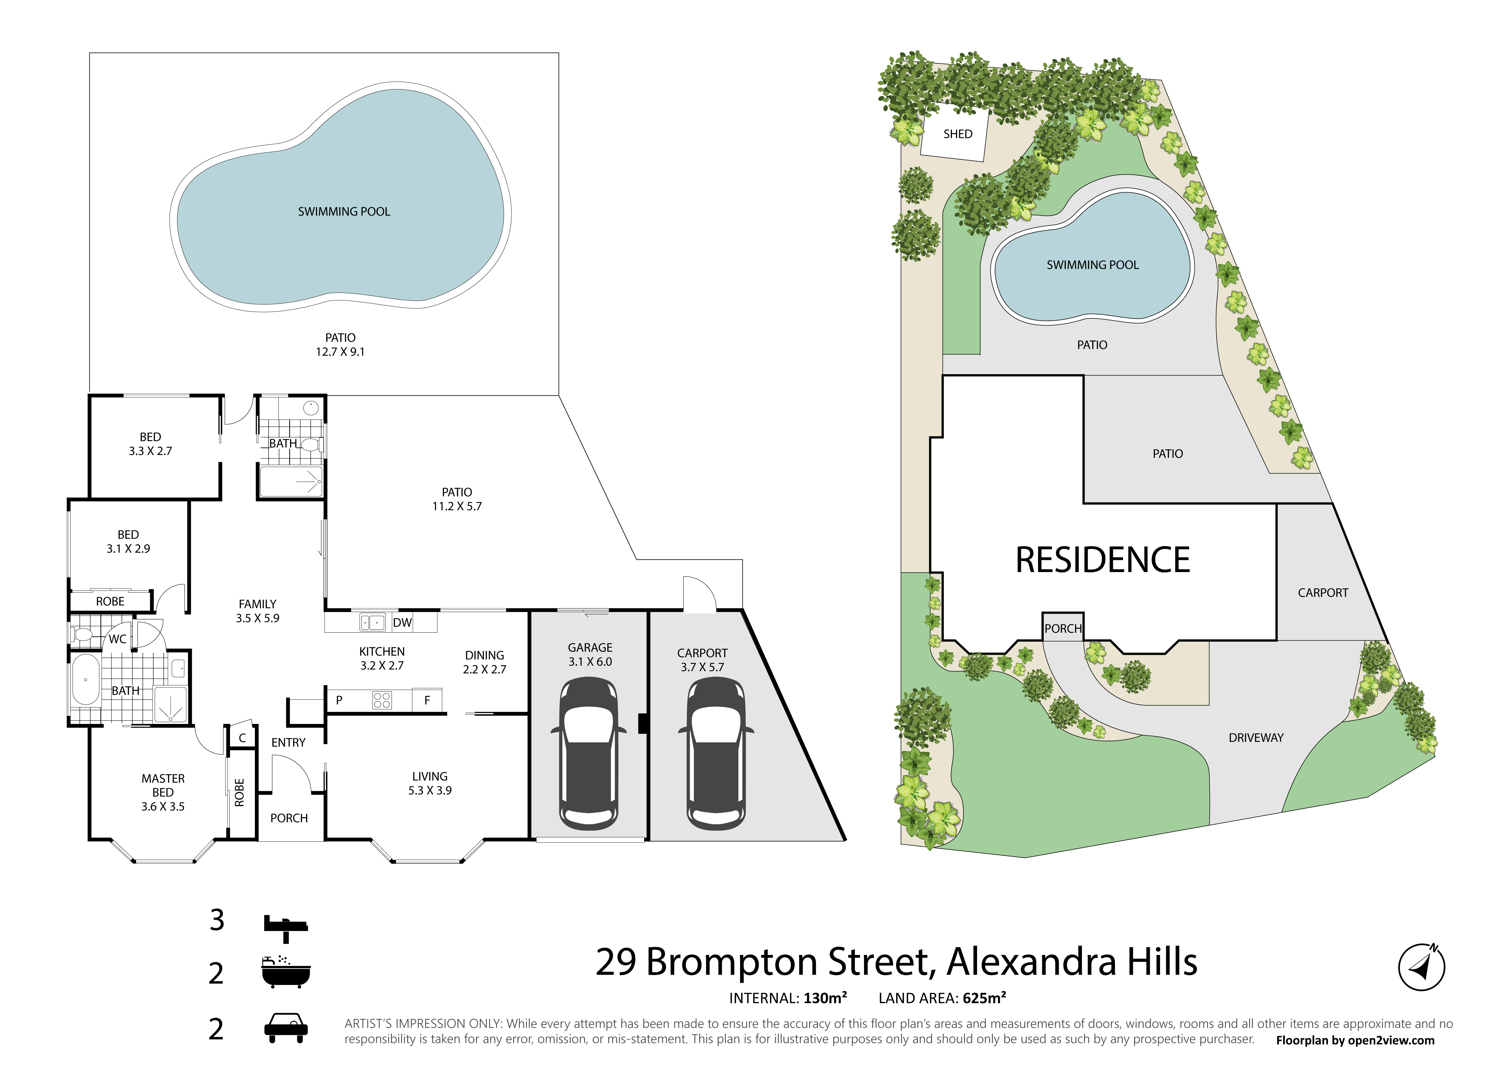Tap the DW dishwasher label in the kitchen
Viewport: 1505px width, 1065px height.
pos(402,622)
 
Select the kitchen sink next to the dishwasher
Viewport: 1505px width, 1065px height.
pos(372,622)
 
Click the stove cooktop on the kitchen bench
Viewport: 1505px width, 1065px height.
pos(382,700)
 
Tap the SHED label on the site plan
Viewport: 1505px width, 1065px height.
pos(958,134)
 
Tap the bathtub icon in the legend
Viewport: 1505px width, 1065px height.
pos(286,972)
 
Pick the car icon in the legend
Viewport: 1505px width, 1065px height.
pos(286,1028)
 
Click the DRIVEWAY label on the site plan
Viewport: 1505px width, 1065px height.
pos(1256,738)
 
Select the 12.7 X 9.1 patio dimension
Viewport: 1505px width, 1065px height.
pos(340,351)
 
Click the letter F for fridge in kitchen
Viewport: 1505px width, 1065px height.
pos(427,700)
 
